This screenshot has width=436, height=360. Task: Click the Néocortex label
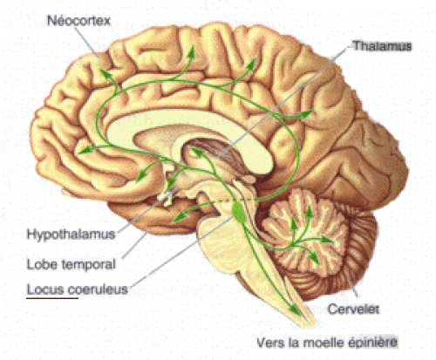(78, 21)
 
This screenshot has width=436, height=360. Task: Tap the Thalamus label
(383, 46)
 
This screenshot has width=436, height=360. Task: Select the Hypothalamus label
(71, 234)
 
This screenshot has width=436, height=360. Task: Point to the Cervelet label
(353, 309)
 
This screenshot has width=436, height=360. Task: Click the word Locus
(45, 289)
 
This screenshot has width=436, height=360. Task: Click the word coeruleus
(98, 289)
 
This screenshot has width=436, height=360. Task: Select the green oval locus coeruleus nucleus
(239, 213)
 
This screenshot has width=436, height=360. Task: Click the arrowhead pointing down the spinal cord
(296, 309)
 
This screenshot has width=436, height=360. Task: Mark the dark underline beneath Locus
(52, 298)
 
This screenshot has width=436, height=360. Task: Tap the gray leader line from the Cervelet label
(352, 287)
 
